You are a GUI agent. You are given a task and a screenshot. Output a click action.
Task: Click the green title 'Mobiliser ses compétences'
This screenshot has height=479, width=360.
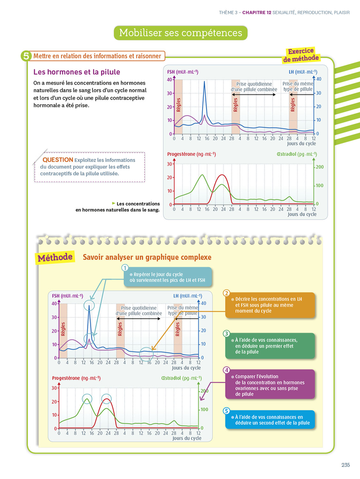point(181,33)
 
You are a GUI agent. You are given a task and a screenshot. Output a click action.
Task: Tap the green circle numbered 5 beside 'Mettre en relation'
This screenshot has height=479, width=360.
point(26,56)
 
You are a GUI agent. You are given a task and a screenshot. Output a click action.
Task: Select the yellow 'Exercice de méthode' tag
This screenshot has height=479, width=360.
point(301,55)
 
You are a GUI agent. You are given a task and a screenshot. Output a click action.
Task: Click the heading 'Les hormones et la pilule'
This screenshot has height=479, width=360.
point(77,72)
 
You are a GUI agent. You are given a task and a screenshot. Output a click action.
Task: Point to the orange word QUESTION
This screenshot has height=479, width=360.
point(58,160)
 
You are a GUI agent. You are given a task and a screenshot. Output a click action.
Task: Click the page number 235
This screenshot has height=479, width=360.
point(345,465)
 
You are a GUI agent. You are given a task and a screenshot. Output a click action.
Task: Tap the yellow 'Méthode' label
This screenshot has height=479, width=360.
point(55,257)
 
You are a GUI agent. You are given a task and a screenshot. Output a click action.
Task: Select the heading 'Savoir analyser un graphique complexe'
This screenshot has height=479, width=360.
point(147,257)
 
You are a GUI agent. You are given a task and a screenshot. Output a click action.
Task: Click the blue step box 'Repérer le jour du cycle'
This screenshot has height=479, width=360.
point(168,277)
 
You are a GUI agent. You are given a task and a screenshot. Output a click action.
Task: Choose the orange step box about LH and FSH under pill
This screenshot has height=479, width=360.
point(270,305)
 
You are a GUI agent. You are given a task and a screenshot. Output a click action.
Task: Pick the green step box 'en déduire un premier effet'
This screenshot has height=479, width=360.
point(270,346)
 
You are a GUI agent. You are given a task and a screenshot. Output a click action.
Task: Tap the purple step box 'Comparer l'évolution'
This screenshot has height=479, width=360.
point(270,385)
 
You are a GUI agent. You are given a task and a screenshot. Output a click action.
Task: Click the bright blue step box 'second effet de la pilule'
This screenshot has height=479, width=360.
point(270,420)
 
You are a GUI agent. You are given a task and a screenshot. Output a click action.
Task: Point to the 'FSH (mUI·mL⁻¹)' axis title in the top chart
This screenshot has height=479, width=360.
point(183,72)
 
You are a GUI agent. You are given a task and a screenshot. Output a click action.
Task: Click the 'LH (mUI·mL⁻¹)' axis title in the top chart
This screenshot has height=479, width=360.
point(303,72)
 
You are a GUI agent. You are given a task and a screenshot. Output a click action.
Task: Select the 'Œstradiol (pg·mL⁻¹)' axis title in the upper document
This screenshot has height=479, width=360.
point(296,154)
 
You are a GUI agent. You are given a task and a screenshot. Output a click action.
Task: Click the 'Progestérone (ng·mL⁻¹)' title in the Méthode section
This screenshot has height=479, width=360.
point(76,378)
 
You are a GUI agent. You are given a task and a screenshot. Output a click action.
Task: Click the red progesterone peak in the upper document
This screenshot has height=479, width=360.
point(222,175)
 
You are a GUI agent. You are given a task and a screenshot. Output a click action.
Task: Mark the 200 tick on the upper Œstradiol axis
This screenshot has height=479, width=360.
point(319,167)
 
